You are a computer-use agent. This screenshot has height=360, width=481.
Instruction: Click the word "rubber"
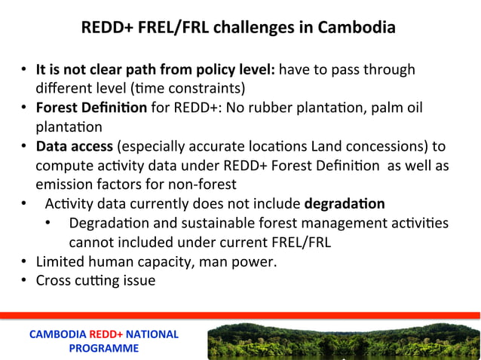pos(268,108)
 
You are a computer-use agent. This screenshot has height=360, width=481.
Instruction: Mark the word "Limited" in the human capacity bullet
pos(62,261)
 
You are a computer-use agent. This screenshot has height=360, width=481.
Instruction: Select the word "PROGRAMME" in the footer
pos(104,348)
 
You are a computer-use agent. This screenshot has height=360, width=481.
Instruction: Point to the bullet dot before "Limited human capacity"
pos(25,262)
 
